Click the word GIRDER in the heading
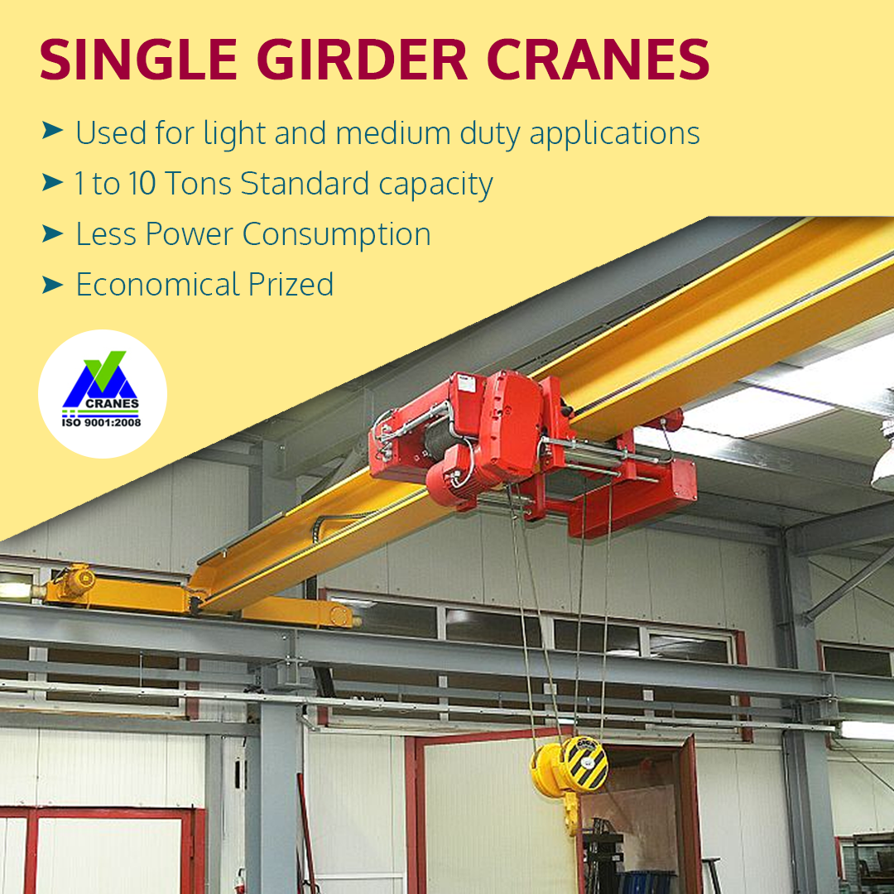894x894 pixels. [x=362, y=60]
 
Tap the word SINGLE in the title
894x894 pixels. [x=138, y=60]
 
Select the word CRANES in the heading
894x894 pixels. [x=598, y=60]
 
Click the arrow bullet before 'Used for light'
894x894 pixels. [x=52, y=131]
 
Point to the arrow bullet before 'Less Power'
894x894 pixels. [x=52, y=233]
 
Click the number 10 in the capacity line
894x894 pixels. [x=142, y=184]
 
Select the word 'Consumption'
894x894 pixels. [x=337, y=235]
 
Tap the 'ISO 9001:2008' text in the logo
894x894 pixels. [x=102, y=422]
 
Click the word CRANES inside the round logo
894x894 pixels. [x=112, y=404]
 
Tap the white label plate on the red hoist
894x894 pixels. [x=466, y=383]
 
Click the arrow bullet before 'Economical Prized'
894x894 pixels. [x=52, y=283]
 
